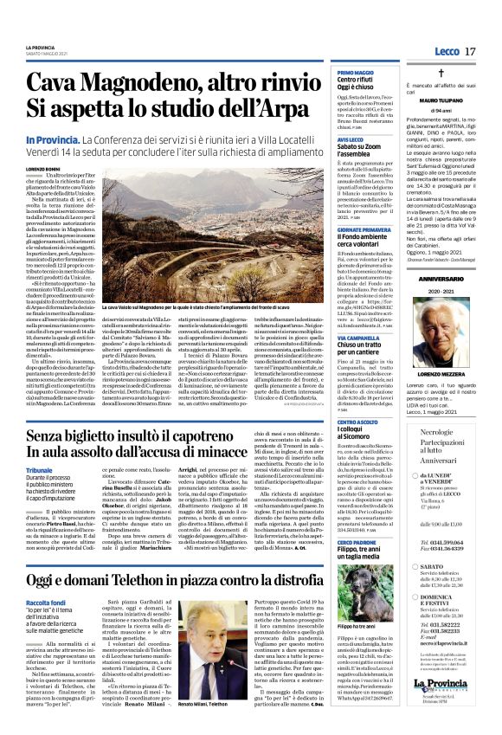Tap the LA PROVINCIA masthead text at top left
coord(39,47)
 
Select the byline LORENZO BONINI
coord(43,169)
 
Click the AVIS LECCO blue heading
coord(350,139)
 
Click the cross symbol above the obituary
coord(441,75)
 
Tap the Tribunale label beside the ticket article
coord(39,469)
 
